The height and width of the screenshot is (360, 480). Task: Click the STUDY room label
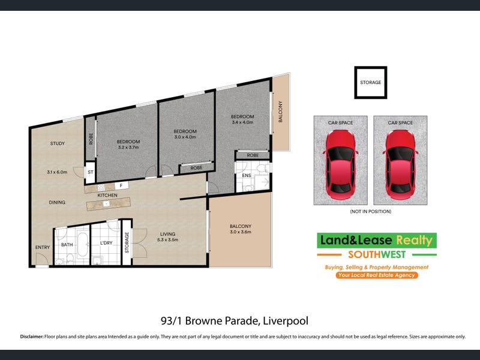[x=57, y=143]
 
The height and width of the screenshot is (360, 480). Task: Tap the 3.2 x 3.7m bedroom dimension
[x=128, y=147]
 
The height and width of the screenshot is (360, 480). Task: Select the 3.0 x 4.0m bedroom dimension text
[x=185, y=137]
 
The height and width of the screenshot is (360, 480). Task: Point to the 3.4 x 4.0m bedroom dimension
[x=242, y=122]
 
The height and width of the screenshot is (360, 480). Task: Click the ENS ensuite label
[x=247, y=175]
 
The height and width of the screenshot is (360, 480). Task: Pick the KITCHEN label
[x=107, y=195]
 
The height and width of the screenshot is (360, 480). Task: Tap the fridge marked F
[x=121, y=185]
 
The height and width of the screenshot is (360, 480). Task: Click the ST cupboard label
[x=91, y=172]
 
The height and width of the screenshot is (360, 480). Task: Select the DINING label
[x=57, y=202]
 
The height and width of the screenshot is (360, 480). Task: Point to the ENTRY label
[x=42, y=247]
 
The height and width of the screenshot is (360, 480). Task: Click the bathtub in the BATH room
[x=83, y=245]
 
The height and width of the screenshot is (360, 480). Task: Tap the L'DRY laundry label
[x=106, y=243]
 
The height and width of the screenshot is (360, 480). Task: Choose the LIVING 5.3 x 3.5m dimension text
[x=167, y=239]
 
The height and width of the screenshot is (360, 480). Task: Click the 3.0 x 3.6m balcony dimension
[x=241, y=232]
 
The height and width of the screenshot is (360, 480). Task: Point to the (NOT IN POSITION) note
[x=370, y=211]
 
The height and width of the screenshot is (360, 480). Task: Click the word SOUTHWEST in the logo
[x=377, y=254]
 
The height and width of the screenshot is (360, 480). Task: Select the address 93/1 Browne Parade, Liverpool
[x=235, y=321]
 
